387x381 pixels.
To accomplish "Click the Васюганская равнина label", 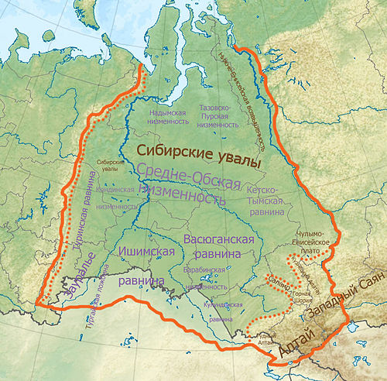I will (x=220, y=247).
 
